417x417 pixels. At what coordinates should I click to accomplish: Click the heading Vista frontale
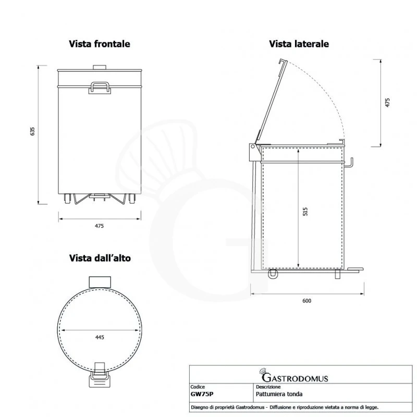[x=99, y=44]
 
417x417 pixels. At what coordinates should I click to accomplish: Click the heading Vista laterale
[x=299, y=44]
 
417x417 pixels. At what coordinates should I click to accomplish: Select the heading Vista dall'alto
[x=100, y=258]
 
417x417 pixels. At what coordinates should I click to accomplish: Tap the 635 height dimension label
[x=32, y=132]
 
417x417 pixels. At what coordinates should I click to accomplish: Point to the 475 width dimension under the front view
[x=100, y=226]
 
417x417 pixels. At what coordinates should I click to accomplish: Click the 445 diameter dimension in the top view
[x=100, y=337]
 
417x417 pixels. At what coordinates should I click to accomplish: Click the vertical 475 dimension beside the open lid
[x=387, y=102]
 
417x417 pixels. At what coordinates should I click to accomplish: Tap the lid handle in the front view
[x=100, y=86]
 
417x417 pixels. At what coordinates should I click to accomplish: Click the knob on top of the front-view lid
[x=99, y=66]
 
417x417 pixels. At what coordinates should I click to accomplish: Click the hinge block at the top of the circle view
[x=99, y=281]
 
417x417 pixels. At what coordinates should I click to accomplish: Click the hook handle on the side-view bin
[x=351, y=162]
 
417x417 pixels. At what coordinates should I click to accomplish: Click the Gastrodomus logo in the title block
[x=293, y=376]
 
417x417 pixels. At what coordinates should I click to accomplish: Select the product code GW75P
[x=202, y=395]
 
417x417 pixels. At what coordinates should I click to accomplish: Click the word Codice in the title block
[x=198, y=387]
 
